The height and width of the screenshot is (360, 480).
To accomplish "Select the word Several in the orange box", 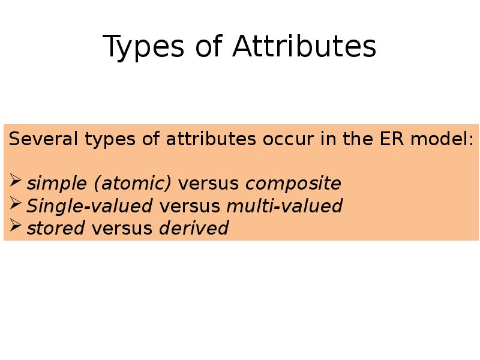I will point(44,139).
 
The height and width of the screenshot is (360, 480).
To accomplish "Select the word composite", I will point(293,183).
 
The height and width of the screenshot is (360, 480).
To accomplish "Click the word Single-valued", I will point(89,206).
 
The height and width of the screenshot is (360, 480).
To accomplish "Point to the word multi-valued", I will point(284,206).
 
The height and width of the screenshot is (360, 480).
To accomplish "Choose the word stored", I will point(56,228).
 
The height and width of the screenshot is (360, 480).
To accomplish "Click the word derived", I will point(194,228).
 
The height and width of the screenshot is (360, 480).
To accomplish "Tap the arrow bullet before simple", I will point(17,181).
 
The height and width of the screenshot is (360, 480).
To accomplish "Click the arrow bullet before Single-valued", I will point(17,204).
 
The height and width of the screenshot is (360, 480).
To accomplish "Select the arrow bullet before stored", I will point(17,226).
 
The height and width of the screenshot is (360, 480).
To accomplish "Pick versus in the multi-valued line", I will point(189,206).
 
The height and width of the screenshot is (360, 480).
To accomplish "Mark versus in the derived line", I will point(122,228).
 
